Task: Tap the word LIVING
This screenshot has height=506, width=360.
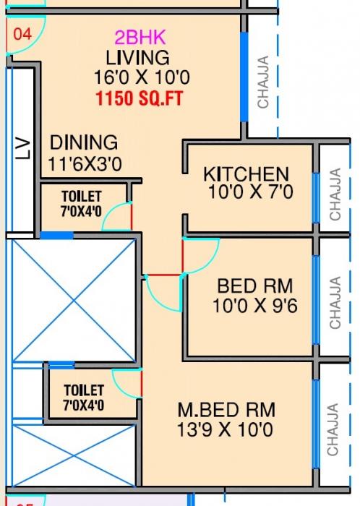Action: click(x=137, y=57)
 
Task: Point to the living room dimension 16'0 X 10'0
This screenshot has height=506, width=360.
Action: click(x=137, y=77)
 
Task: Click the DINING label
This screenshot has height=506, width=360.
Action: click(x=83, y=142)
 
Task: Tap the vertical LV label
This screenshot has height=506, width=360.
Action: click(x=24, y=149)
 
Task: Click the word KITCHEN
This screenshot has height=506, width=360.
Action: click(x=246, y=174)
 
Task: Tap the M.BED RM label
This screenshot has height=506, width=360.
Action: click(x=226, y=410)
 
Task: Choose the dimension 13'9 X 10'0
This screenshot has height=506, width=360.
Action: click(x=226, y=430)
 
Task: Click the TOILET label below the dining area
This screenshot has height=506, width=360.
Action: click(x=82, y=196)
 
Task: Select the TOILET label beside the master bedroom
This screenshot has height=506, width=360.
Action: click(x=83, y=390)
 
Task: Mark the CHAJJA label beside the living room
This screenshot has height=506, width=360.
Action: click(x=262, y=82)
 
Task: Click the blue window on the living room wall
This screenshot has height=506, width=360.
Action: click(x=244, y=77)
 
